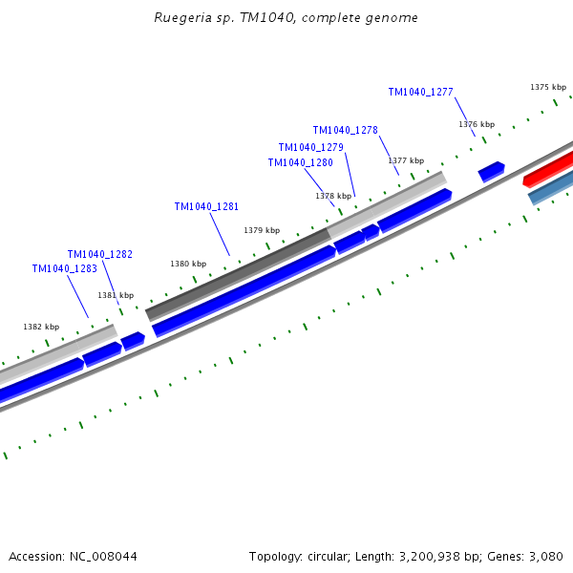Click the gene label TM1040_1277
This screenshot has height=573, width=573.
tap(420, 92)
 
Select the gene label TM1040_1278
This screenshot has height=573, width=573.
tap(345, 130)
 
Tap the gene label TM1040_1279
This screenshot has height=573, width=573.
tap(310, 147)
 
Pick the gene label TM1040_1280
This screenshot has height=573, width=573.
tap(300, 162)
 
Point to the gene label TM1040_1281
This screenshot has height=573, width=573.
tap(206, 206)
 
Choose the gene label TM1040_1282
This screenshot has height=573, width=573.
tap(99, 254)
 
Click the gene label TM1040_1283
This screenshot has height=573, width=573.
tap(64, 268)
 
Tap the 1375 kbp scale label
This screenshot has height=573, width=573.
tap(548, 87)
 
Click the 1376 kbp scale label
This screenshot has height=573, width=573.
tap(477, 124)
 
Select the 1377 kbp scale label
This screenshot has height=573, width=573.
tap(406, 160)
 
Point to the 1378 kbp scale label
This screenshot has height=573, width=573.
tap(333, 196)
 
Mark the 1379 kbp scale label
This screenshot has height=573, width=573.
tap(262, 230)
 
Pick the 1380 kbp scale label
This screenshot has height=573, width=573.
tap(188, 264)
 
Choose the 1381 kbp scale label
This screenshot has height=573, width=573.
tap(116, 295)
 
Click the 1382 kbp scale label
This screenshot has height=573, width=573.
tap(41, 327)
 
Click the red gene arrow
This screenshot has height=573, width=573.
tap(549, 168)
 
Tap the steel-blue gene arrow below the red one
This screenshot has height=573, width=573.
tap(552, 187)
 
